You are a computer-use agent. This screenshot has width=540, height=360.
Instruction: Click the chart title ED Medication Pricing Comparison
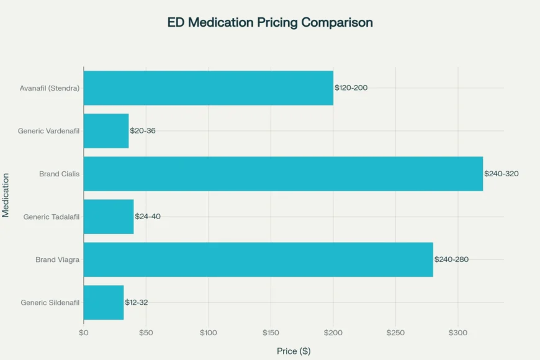[x=270, y=23]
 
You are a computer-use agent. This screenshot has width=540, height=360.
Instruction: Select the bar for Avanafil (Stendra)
[x=208, y=88]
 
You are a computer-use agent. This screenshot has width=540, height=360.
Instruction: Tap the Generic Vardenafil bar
[x=106, y=131]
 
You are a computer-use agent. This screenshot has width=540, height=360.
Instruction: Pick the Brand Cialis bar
[x=283, y=174]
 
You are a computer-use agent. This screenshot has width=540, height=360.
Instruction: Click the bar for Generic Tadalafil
[x=109, y=217]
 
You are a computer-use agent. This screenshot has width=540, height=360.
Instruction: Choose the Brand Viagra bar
[x=258, y=259]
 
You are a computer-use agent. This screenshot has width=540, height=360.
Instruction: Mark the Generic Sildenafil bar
[x=104, y=302]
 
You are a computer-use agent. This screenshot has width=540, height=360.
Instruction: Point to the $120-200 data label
[x=351, y=88]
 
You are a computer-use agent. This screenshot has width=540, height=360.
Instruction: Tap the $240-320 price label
[x=502, y=174]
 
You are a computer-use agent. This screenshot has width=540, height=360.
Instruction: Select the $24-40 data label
[x=148, y=217]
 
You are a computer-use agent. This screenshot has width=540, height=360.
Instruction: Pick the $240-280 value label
[x=451, y=259]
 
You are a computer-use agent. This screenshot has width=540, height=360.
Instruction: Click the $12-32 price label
[x=137, y=302]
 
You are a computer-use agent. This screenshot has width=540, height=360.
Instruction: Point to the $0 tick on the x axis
[x=84, y=333]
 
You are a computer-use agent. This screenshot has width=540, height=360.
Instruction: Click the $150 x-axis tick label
[x=271, y=333]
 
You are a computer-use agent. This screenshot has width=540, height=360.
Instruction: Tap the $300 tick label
[x=458, y=333]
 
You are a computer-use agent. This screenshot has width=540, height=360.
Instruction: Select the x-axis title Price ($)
[x=294, y=351]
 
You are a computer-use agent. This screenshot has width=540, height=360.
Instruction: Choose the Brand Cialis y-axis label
[x=59, y=174]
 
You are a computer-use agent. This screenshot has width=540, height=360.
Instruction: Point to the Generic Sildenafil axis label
[x=50, y=302]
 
